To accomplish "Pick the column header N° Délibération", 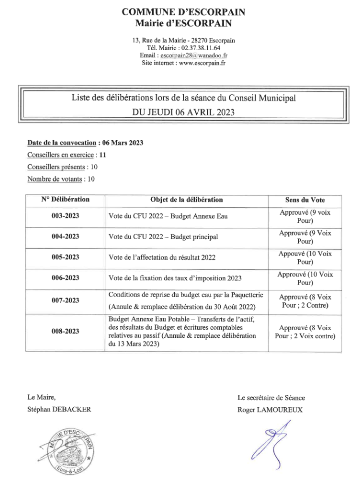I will pyautogui.click(x=65, y=200).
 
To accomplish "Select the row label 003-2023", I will pyautogui.click(x=65, y=216).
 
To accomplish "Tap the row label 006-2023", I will pyautogui.click(x=65, y=278).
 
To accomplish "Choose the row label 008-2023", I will pyautogui.click(x=65, y=331).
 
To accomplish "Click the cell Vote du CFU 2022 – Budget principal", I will pyautogui.click(x=163, y=236).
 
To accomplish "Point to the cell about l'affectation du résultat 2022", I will pyautogui.click(x=162, y=257).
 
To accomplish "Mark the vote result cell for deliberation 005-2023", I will pyautogui.click(x=305, y=257).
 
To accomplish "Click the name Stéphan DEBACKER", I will pyautogui.click(x=59, y=409).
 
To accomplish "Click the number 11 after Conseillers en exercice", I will pyautogui.click(x=102, y=155).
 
